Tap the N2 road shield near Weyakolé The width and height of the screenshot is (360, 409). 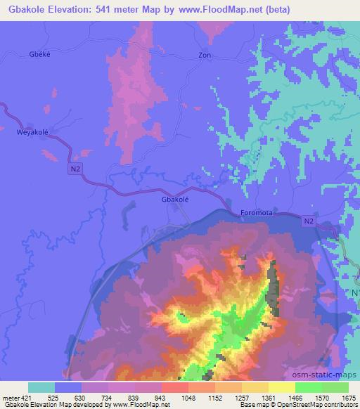click(75, 169)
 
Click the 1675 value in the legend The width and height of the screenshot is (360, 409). click(348, 397)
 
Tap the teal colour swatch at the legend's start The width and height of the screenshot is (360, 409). click(41, 387)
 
